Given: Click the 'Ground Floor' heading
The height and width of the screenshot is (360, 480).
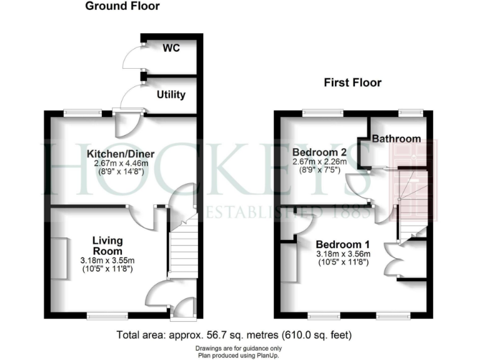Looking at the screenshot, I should click(x=122, y=7).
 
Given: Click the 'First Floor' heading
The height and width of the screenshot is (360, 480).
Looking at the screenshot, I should click(x=352, y=82).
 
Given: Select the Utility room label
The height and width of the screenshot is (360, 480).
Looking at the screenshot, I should click(x=171, y=95).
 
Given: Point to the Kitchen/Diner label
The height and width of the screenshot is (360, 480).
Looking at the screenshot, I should click(x=121, y=153).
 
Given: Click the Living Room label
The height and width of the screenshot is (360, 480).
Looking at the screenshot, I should click(x=107, y=246).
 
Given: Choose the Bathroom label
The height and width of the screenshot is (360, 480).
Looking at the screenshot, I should click(x=396, y=139).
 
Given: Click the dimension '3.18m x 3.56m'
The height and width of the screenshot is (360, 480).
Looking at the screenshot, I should click(x=343, y=254).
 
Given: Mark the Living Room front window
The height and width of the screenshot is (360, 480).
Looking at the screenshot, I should click(x=104, y=314).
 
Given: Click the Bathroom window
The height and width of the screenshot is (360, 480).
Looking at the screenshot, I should click(x=411, y=112).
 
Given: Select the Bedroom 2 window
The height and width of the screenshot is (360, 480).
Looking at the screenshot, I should click(x=319, y=112).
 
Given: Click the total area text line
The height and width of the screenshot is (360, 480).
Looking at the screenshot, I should click(x=239, y=334).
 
